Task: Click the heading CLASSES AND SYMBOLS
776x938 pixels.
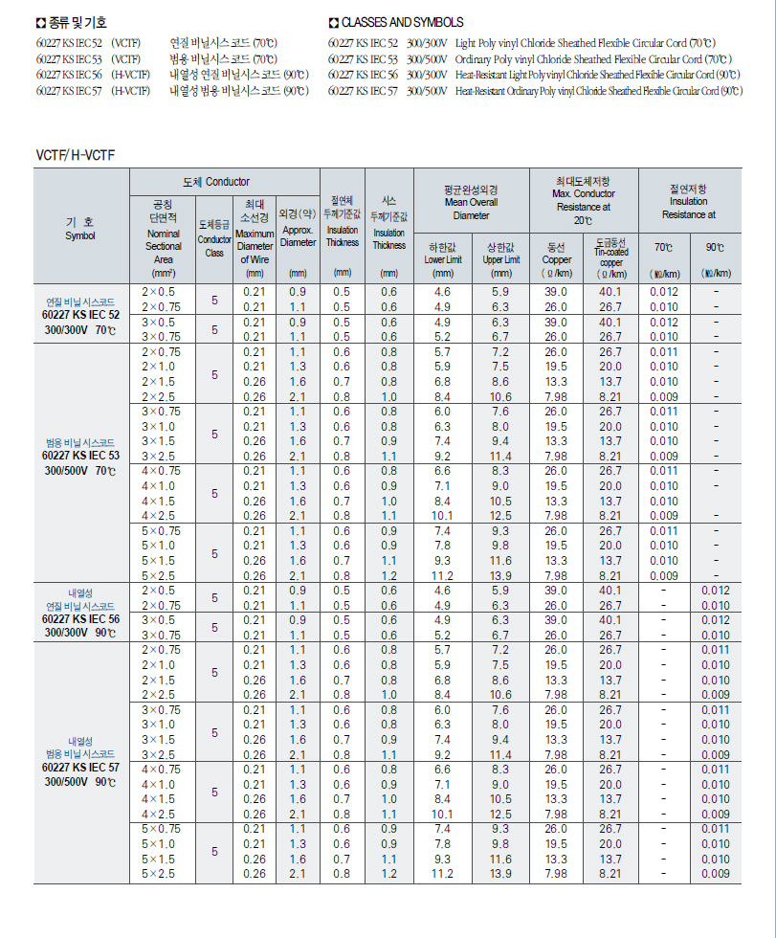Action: click(x=402, y=22)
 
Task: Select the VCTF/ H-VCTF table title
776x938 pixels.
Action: click(x=76, y=154)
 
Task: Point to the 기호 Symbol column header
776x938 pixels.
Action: click(x=80, y=228)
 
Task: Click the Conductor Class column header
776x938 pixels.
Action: click(x=214, y=239)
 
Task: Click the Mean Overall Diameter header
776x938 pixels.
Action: click(x=471, y=202)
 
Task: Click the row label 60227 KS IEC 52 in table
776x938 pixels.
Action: click(x=81, y=314)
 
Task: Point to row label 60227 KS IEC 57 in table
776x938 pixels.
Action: click(x=81, y=768)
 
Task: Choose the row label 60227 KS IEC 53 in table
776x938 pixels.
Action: click(x=81, y=456)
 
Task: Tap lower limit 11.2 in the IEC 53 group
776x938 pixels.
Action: click(x=442, y=576)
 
